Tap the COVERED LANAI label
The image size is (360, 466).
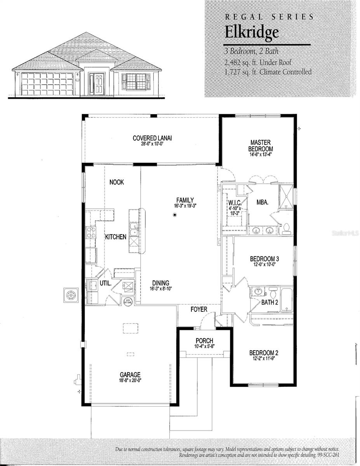pyautogui.click(x=152, y=138)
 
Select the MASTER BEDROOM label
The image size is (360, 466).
pyautogui.click(x=261, y=145)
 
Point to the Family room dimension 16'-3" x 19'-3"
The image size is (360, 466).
pyautogui.click(x=185, y=206)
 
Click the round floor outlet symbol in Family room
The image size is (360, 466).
pyautogui.click(x=175, y=215)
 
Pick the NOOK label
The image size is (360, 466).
pyautogui.click(x=117, y=182)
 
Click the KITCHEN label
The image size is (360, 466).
pyautogui.click(x=116, y=237)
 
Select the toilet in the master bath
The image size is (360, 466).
pyautogui.click(x=286, y=229)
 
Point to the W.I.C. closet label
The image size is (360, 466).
pyautogui.click(x=235, y=203)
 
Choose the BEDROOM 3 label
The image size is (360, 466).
pyautogui.click(x=264, y=259)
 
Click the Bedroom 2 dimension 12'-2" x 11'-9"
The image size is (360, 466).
pyautogui.click(x=264, y=358)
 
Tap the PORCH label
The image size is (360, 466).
pyautogui.click(x=204, y=340)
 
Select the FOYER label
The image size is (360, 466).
pyautogui.click(x=199, y=309)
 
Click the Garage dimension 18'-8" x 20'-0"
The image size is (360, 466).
pyautogui.click(x=130, y=380)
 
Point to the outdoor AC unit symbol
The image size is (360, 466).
pyautogui.click(x=71, y=295)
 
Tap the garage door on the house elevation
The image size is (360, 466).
pyautogui.click(x=47, y=84)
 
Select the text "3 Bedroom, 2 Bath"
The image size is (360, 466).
pyautogui.click(x=252, y=51)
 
